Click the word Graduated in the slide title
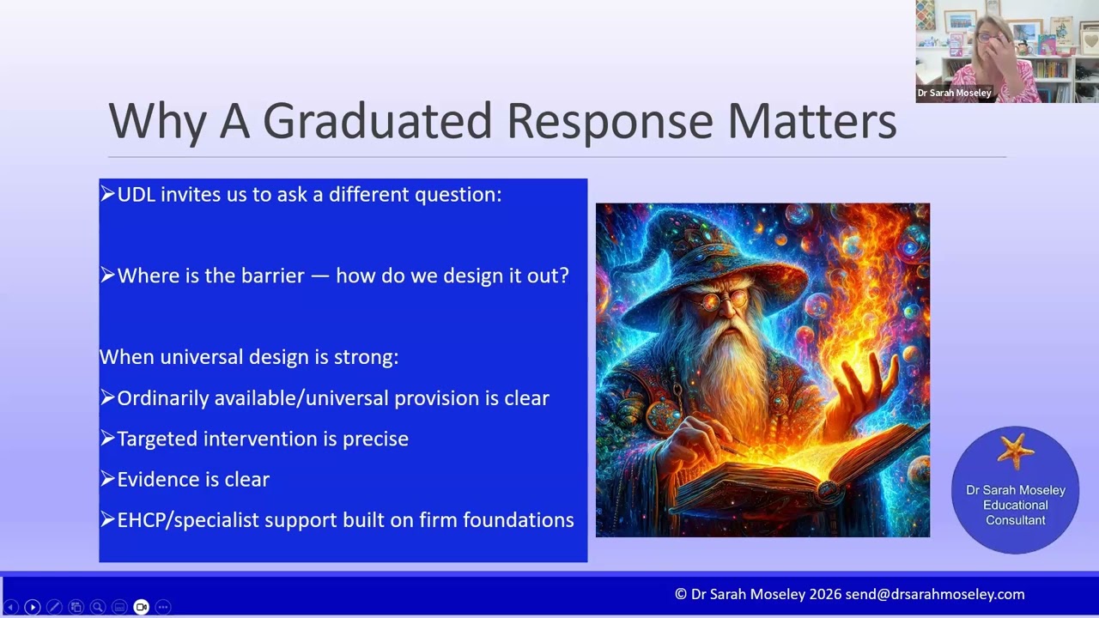click(377, 121)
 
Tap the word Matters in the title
click(812, 121)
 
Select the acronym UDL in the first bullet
click(137, 195)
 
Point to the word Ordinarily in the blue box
click(163, 398)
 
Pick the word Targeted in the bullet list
click(157, 439)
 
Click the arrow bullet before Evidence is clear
click(107, 479)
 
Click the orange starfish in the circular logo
click(1015, 451)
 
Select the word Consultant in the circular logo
click(1016, 520)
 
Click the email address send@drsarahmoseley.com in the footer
click(935, 595)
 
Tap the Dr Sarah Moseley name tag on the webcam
click(954, 93)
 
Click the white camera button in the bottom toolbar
click(142, 607)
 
